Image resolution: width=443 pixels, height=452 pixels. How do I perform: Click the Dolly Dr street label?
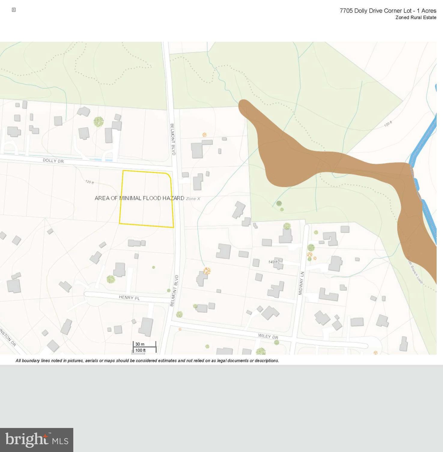point(53,161)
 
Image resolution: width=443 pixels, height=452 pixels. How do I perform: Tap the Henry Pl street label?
point(129,298)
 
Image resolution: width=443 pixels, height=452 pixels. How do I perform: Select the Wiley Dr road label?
point(268,336)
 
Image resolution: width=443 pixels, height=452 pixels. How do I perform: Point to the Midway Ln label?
point(302,283)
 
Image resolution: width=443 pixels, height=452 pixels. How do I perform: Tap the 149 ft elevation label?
point(273,262)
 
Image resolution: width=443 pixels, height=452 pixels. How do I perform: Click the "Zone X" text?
point(193,199)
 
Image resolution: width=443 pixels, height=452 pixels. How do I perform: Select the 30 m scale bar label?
point(140,344)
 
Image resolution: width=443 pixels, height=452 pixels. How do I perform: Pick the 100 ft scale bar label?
point(140,350)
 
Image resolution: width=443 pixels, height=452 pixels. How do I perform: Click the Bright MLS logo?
point(37,440)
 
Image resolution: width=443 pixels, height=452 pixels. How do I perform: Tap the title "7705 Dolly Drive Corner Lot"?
point(375,11)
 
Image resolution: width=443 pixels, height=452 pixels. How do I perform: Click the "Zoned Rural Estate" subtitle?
point(416,17)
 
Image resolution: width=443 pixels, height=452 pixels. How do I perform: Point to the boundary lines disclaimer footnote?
point(147,360)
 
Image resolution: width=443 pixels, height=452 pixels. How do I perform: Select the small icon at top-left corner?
point(14,10)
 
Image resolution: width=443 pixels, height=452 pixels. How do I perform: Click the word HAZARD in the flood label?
point(173,198)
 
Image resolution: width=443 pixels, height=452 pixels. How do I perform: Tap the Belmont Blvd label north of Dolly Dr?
point(173,139)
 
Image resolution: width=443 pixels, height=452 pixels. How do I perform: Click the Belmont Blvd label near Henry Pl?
point(174,290)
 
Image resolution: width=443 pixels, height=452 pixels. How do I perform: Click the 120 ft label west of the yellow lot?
point(90,182)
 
